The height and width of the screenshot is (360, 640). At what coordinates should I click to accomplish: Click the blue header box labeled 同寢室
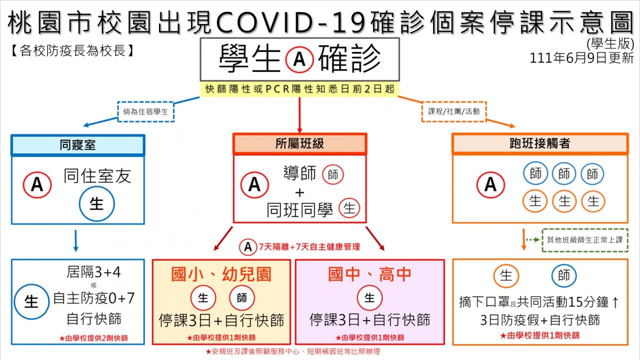(x=77, y=145)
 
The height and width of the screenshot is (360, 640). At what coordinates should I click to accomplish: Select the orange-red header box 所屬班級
(x=299, y=143)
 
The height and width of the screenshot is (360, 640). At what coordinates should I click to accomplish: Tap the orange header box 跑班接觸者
(x=540, y=143)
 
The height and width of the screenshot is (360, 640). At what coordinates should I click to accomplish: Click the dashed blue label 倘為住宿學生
(x=145, y=111)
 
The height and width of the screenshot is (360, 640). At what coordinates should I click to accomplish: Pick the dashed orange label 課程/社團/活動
(x=454, y=111)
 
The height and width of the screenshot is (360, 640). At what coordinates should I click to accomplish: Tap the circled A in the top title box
(x=299, y=59)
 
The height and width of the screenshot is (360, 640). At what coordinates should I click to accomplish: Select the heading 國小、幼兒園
(x=221, y=274)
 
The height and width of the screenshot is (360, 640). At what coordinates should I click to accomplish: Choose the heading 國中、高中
(x=369, y=274)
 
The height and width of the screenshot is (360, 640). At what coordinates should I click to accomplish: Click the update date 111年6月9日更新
(x=582, y=58)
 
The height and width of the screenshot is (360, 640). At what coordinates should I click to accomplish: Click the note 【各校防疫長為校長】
(x=71, y=51)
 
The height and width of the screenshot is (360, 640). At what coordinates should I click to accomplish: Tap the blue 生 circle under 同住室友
(x=96, y=204)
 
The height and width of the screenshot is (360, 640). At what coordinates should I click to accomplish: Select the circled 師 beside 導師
(x=334, y=174)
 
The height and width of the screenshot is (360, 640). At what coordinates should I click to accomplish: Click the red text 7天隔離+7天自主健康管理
(x=309, y=246)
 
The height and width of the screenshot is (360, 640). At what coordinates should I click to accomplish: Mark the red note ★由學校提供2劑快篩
(x=93, y=338)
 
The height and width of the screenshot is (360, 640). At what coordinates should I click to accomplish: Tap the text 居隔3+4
(x=93, y=272)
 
